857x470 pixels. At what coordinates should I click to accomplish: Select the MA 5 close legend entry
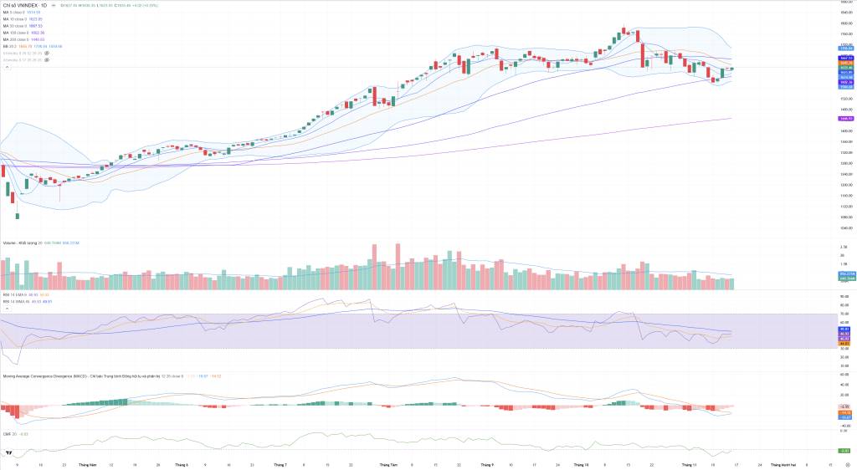click(x=14, y=13)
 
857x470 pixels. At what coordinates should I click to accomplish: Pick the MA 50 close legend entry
click(x=15, y=26)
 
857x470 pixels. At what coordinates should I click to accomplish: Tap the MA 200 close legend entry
click(x=16, y=39)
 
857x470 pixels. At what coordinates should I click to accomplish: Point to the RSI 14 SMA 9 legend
click(x=14, y=294)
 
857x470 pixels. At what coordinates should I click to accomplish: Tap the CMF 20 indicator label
click(x=10, y=433)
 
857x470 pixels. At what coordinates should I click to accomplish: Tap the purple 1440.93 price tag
click(x=844, y=119)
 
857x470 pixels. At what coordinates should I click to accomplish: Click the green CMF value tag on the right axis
click(x=844, y=450)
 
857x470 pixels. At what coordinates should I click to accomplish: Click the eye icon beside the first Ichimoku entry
click(x=46, y=53)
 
